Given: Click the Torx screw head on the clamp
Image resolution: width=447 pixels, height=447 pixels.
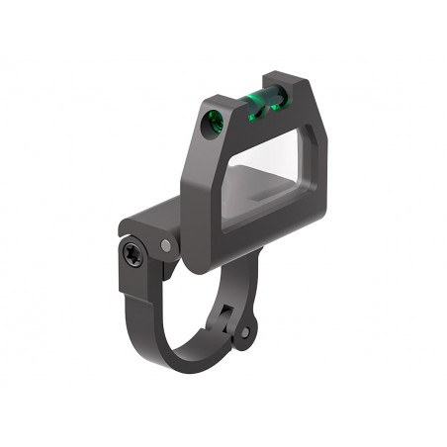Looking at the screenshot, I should point(134,255).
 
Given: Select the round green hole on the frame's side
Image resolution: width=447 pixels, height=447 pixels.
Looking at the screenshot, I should point(211,122).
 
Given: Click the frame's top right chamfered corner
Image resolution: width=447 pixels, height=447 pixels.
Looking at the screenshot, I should point(314,99).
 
